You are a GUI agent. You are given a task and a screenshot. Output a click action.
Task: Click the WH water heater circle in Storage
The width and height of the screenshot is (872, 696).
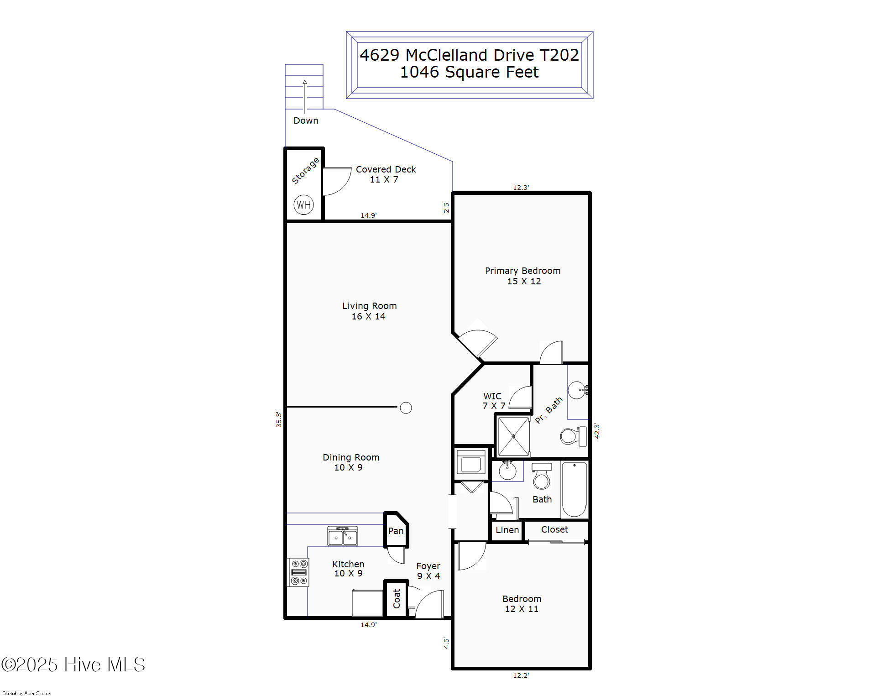(303, 204)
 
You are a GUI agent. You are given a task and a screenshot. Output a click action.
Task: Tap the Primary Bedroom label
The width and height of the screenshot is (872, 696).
(522, 271)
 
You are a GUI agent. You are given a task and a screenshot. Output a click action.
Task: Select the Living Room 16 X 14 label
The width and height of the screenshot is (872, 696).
(369, 311)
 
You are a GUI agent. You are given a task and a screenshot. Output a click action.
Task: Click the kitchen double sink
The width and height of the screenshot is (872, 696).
(343, 536)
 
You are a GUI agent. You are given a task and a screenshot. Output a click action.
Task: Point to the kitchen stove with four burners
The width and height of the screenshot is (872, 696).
(298, 572)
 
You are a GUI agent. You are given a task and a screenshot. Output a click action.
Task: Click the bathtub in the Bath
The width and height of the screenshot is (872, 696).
(574, 489)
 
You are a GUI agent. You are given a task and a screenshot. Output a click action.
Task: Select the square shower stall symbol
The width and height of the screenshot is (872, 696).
(513, 436)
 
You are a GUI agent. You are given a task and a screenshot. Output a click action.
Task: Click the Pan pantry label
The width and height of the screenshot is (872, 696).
(396, 531)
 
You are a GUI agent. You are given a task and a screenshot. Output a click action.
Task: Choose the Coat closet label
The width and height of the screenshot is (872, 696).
(396, 598)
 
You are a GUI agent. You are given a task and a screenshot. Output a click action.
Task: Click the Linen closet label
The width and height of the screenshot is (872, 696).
(507, 530)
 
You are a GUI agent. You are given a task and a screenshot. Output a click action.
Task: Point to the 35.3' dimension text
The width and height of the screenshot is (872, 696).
(279, 419)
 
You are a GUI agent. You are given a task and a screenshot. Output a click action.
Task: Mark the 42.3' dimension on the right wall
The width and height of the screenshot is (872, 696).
(597, 431)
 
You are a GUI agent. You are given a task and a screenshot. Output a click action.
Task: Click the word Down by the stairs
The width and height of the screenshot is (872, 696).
(306, 120)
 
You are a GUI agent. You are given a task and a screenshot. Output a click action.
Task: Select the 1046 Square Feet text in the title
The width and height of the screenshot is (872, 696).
(469, 72)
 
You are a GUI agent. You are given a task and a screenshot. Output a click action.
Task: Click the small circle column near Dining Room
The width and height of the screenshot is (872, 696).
(406, 408)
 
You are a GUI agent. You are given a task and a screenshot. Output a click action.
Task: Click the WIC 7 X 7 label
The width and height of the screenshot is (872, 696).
(493, 400)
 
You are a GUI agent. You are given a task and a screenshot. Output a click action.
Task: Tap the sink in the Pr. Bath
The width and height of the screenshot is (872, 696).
(577, 390)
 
